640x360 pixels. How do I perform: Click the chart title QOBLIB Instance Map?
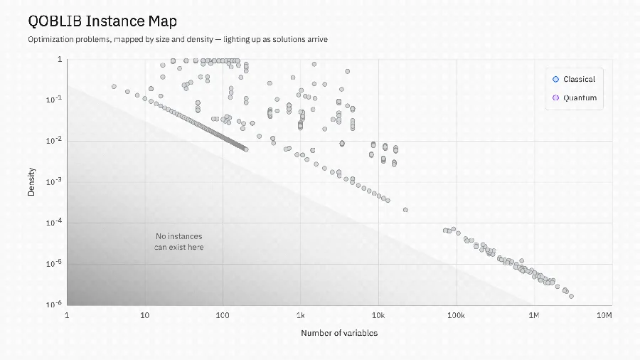coord(102,21)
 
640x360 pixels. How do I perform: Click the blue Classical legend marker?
coord(555,79)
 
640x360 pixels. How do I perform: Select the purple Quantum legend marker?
coord(555,97)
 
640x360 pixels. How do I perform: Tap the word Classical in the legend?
coord(579,79)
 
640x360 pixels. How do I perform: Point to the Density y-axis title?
coord(31,181)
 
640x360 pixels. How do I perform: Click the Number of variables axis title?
coord(339,333)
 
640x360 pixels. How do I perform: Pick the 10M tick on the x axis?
coord(604,315)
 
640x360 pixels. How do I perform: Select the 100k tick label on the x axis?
coord(456,315)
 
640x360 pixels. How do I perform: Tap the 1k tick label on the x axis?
coord(300,315)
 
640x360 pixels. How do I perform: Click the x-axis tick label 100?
coord(223,315)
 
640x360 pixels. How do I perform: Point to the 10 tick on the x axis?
coord(144,315)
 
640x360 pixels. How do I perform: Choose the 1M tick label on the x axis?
coord(534,315)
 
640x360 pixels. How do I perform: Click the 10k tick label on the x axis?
coord(378,315)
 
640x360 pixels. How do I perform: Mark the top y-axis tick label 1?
coord(60,60)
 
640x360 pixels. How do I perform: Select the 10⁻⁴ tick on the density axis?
coord(54,222)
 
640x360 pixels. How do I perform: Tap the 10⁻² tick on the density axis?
coord(54,140)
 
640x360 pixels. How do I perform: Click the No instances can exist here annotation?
coord(178,242)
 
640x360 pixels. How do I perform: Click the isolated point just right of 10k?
coord(405,210)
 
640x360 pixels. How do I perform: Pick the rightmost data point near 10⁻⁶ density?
coord(571,297)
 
